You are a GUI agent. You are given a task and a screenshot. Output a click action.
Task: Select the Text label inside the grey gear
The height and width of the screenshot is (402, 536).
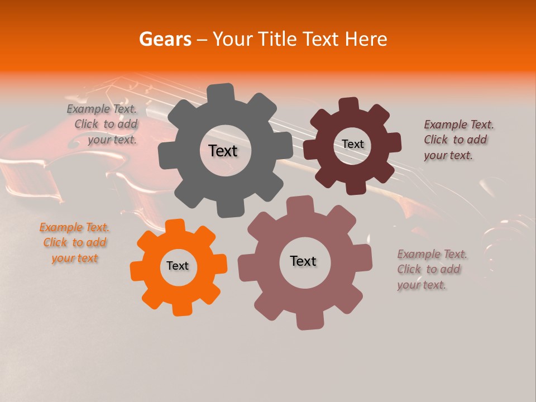pyautogui.click(x=223, y=151)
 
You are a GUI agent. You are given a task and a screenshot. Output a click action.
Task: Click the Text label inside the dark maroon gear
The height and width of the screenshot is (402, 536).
pyautogui.click(x=352, y=144)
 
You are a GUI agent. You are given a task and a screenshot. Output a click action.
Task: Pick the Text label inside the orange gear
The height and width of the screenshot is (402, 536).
pyautogui.click(x=178, y=266)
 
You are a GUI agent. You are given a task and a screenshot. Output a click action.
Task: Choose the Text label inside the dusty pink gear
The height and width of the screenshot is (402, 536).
pyautogui.click(x=303, y=261)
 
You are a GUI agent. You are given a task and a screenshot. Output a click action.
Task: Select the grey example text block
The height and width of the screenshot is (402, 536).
pyautogui.click(x=103, y=125)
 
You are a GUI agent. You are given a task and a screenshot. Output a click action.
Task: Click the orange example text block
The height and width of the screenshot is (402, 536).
pyautogui.click(x=74, y=243)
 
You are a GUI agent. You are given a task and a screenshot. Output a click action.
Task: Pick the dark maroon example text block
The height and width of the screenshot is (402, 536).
pyautogui.click(x=458, y=140)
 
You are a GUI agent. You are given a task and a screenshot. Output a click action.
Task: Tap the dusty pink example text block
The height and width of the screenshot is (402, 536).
pyautogui.click(x=432, y=269)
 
